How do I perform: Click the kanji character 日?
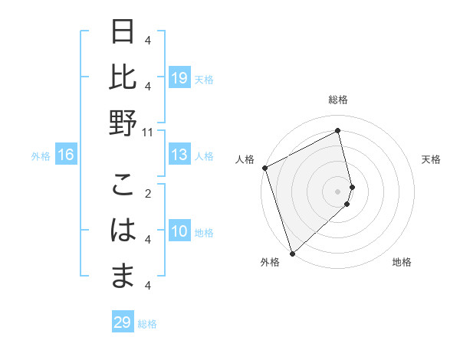pyautogui.click(x=123, y=34)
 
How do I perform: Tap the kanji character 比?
pyautogui.click(x=123, y=77)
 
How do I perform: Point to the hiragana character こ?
pyautogui.click(x=123, y=187)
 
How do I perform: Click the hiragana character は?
pyautogui.click(x=123, y=231)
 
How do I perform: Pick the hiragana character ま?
pyautogui.click(x=123, y=274)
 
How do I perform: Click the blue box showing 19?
pyautogui.click(x=179, y=77)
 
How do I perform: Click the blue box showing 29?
pyautogui.click(x=122, y=322)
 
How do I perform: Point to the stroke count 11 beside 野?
pyautogui.click(x=148, y=132)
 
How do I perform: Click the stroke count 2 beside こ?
pyautogui.click(x=148, y=193)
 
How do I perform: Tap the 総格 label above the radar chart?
pyautogui.click(x=338, y=100)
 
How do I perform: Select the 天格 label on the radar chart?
pyautogui.click(x=432, y=159)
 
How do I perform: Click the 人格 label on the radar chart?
pyautogui.click(x=245, y=159)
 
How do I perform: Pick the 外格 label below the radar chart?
pyautogui.click(x=269, y=262)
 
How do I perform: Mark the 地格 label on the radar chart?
pyautogui.click(x=402, y=262)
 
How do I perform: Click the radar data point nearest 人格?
pyautogui.click(x=264, y=168)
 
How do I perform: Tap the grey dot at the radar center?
pyautogui.click(x=338, y=191)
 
